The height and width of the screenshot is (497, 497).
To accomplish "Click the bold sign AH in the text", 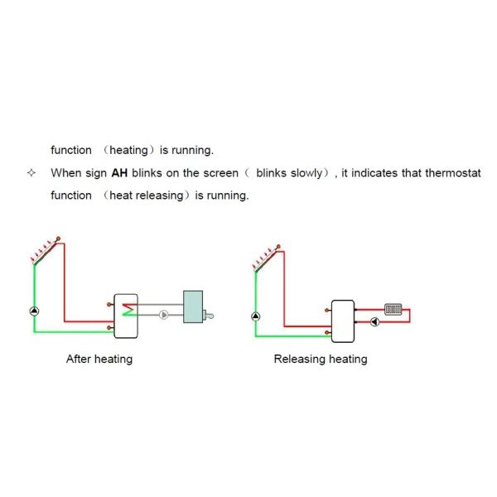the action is tap(119, 173).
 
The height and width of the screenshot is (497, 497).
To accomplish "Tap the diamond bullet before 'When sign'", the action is tap(31, 173).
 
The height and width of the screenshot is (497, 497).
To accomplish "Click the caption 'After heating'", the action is tap(99, 359).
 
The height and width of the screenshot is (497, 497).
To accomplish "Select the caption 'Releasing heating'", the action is tap(321, 359).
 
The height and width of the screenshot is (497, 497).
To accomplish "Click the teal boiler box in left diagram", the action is tap(193, 306).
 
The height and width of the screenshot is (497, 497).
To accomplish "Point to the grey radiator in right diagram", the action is tap(393, 309).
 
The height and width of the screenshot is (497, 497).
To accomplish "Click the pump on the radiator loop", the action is tap(375, 322).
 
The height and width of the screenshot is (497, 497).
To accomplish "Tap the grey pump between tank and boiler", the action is tap(163, 315).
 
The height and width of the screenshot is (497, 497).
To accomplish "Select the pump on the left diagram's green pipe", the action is tap(34, 311).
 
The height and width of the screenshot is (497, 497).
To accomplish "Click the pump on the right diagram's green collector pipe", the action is tap(256, 316).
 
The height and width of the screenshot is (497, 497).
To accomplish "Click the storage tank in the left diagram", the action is tap(126, 316).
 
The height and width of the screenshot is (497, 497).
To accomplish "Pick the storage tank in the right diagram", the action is tap(343, 321).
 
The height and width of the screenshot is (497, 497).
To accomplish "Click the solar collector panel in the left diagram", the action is tap(45, 253).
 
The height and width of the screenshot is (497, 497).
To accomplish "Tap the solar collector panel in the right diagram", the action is tap(266, 261).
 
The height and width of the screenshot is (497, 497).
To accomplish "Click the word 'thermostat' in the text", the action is tap(453, 173).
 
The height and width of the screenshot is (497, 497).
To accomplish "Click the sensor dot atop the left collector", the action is tap(58, 239).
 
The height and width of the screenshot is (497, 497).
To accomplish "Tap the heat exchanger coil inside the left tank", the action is tap(129, 310).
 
